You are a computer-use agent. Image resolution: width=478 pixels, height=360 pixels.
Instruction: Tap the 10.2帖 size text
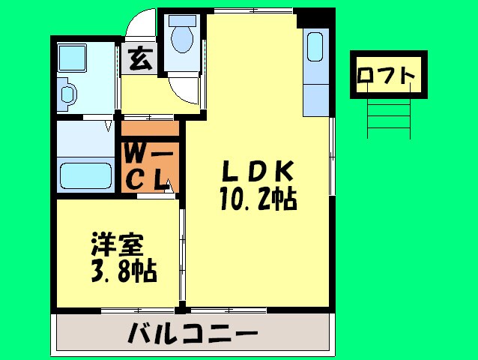pos(258,199)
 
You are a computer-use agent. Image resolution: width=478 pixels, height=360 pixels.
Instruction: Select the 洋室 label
pos(115,244)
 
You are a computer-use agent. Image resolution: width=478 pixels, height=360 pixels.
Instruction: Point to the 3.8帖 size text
pos(124,271)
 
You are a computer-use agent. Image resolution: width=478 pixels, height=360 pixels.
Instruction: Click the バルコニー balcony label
pos(193,331)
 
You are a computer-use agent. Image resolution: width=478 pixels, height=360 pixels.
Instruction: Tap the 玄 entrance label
pos(139,59)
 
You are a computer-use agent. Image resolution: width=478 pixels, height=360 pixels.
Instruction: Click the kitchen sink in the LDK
pos(315,49)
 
